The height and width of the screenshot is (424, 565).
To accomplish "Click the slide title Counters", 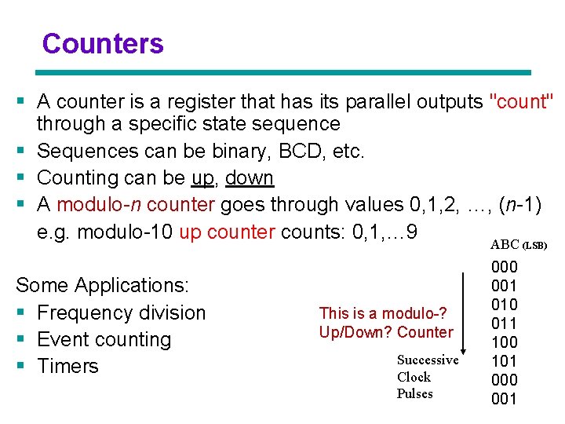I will (x=103, y=44).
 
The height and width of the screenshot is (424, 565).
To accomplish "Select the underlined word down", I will (x=249, y=178).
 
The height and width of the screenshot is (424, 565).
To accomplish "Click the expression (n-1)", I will (x=519, y=205).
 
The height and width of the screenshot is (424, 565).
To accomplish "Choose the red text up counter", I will (x=227, y=232).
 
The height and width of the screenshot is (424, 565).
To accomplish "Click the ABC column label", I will (x=505, y=245).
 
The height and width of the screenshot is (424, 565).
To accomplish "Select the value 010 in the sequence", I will (x=504, y=305).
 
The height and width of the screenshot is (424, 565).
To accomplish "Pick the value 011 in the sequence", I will (x=504, y=323).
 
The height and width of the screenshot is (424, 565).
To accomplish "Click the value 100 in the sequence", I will (x=504, y=342).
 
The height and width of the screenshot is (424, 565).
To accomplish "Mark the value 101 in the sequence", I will (x=504, y=361).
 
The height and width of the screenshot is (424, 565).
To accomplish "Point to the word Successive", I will (x=428, y=360).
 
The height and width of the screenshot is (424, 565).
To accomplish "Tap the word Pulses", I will (x=414, y=394).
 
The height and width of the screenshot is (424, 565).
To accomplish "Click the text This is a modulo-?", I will (x=383, y=314).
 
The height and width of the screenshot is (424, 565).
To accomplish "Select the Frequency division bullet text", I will (x=121, y=313).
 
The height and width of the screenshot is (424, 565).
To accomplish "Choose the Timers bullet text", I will (x=67, y=366).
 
